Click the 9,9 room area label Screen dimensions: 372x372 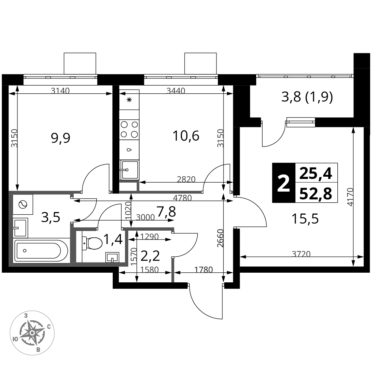click(61, 138)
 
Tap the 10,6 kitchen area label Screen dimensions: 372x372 click(186, 136)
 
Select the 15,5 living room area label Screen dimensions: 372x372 click(305, 218)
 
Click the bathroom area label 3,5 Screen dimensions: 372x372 click(51, 217)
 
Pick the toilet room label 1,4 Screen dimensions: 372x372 click(113, 239)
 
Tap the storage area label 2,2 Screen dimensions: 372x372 click(150, 256)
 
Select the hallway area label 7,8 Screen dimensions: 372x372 click(166, 212)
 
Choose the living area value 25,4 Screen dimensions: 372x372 click(315, 173)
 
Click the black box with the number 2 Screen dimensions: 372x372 click(284, 183)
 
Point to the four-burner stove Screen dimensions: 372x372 click(129, 130)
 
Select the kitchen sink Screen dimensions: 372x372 click(129, 170)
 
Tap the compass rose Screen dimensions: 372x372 click(32, 333)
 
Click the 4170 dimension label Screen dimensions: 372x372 click(350, 197)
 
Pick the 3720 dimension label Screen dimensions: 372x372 click(301, 254)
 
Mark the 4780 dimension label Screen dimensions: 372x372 click(182, 198)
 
